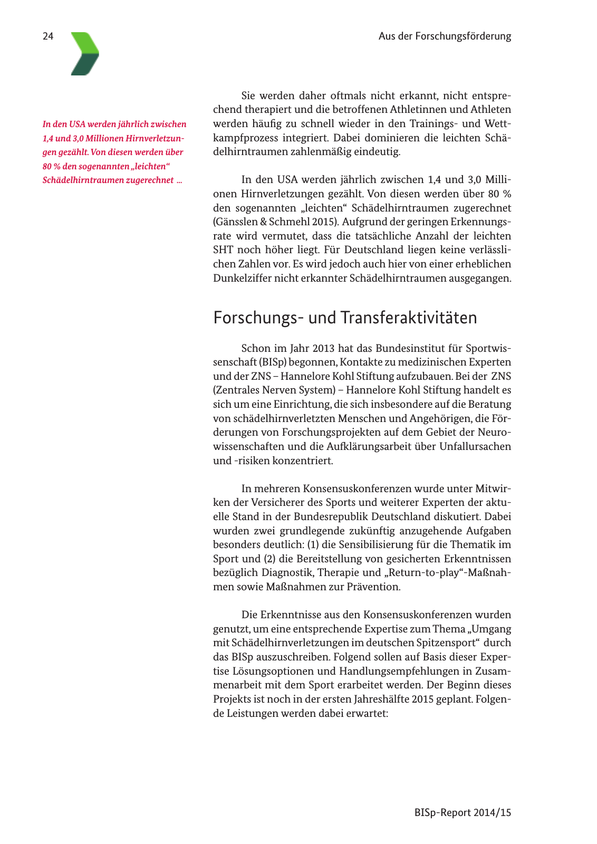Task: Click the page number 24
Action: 48,36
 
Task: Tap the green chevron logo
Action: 85,54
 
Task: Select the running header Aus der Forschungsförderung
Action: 445,36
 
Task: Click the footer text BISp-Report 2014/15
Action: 463,812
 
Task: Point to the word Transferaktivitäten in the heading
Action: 409,318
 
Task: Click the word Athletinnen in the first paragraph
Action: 419,110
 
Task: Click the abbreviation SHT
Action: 223,250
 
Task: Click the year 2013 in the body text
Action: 323,348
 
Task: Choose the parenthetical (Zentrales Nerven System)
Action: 274,390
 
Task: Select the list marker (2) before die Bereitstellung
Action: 269,559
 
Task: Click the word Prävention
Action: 373,587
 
